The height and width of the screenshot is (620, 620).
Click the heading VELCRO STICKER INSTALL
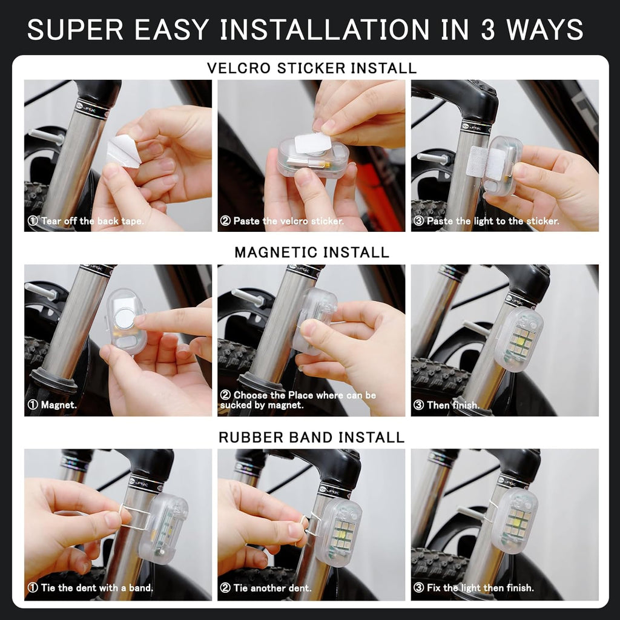[311, 68]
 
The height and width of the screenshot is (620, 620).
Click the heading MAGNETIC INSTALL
[311, 252]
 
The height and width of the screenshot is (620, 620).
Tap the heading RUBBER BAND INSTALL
[311, 437]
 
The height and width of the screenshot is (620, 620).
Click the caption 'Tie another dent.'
[266, 588]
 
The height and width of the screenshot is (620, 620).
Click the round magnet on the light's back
[126, 318]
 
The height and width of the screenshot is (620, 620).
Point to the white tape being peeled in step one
[124, 150]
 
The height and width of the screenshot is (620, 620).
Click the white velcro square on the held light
[312, 144]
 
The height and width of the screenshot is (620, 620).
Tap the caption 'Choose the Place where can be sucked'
[298, 400]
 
